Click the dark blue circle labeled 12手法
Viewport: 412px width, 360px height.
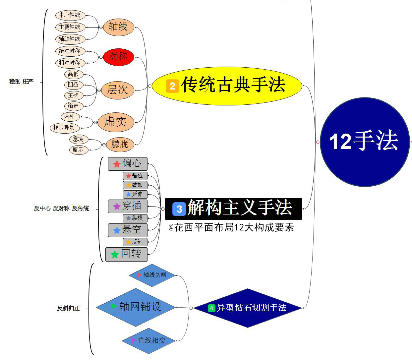point(365,142)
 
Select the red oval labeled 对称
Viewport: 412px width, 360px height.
point(118,57)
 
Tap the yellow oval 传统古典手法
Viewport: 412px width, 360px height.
point(227,86)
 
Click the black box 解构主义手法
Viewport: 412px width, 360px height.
point(234,209)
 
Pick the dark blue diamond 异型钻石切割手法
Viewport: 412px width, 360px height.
point(248,308)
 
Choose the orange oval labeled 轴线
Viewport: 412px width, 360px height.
point(118,27)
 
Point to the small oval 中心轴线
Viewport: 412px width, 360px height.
point(70,15)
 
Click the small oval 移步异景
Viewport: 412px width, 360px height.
point(64,128)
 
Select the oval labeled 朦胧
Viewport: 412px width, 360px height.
point(120,144)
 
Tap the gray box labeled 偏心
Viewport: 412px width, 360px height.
point(128,164)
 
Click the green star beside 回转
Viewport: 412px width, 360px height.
point(115,255)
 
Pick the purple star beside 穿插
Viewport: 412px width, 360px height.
point(117,207)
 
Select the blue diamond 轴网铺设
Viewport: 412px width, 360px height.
point(136,307)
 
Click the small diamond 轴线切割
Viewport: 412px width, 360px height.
point(152,275)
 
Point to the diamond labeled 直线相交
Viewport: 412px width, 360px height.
point(149,340)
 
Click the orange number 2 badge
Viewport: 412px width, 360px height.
point(172,86)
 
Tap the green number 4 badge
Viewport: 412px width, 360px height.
point(211,308)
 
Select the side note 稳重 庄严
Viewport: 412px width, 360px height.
point(22,82)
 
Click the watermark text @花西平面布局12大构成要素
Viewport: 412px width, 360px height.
point(231,228)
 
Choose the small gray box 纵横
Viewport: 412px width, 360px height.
point(135,218)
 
